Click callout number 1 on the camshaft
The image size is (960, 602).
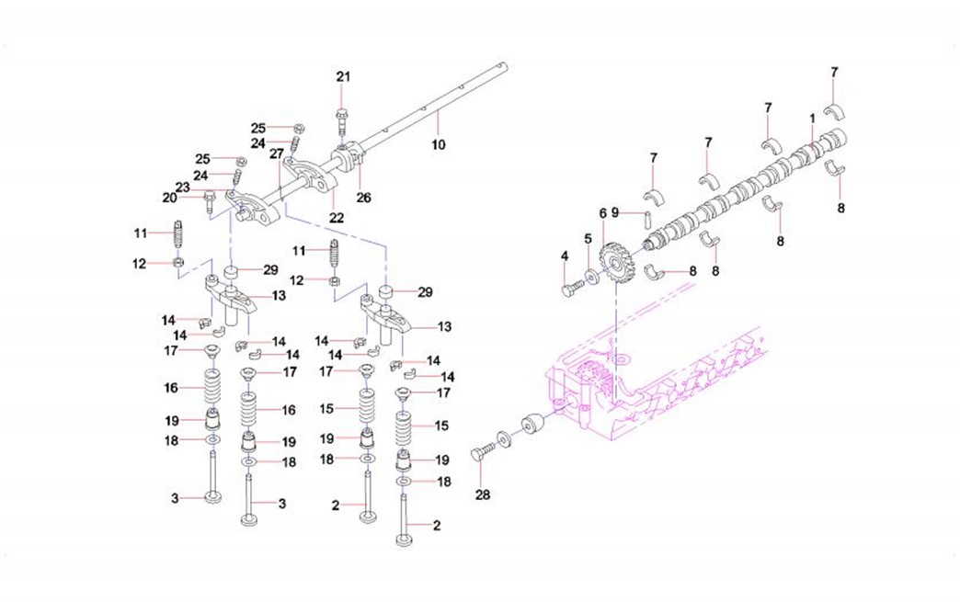click(x=812, y=119)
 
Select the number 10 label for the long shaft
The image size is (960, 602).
click(x=438, y=144)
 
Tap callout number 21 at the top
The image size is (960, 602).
click(x=343, y=77)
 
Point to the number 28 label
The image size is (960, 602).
click(x=483, y=494)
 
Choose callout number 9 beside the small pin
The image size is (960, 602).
click(x=615, y=213)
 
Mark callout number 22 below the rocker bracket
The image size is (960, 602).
click(x=337, y=218)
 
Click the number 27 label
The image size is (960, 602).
click(x=275, y=155)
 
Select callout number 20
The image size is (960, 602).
click(x=169, y=197)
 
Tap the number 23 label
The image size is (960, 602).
click(x=183, y=187)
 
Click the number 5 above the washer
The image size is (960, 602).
click(x=587, y=238)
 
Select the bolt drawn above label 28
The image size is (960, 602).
click(x=483, y=453)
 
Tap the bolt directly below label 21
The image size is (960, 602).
click(x=343, y=119)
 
